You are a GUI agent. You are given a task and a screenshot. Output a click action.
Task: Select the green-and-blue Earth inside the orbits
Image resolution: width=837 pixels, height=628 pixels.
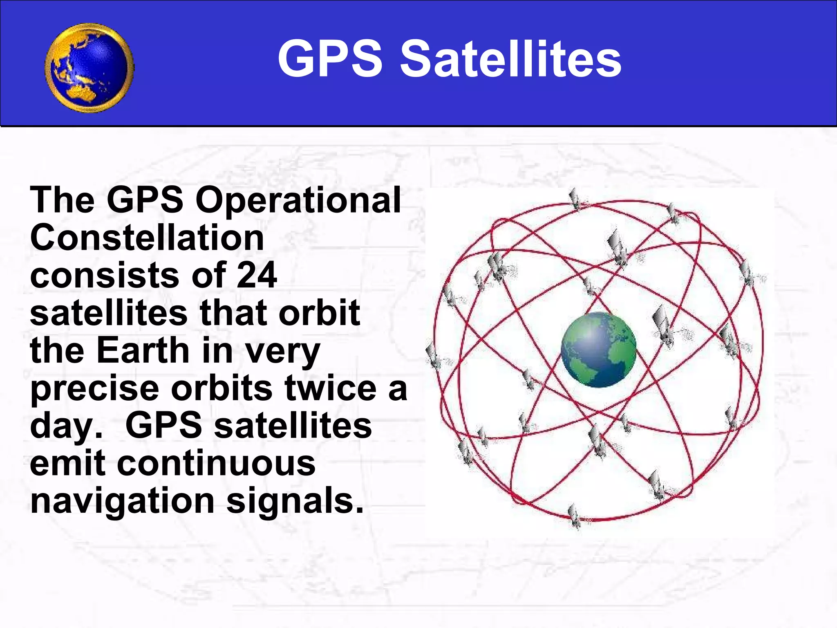(x=598, y=350)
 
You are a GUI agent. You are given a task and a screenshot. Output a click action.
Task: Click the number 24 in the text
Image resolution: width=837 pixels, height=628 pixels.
(x=257, y=275)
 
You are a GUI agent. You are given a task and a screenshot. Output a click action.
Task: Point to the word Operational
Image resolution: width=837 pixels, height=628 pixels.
(x=298, y=200)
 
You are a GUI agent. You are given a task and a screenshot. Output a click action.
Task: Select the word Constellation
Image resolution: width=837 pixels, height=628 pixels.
(x=147, y=238)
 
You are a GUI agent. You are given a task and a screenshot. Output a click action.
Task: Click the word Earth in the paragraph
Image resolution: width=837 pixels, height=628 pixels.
(x=143, y=350)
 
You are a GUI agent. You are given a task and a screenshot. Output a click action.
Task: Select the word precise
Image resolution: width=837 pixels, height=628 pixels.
(x=94, y=388)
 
